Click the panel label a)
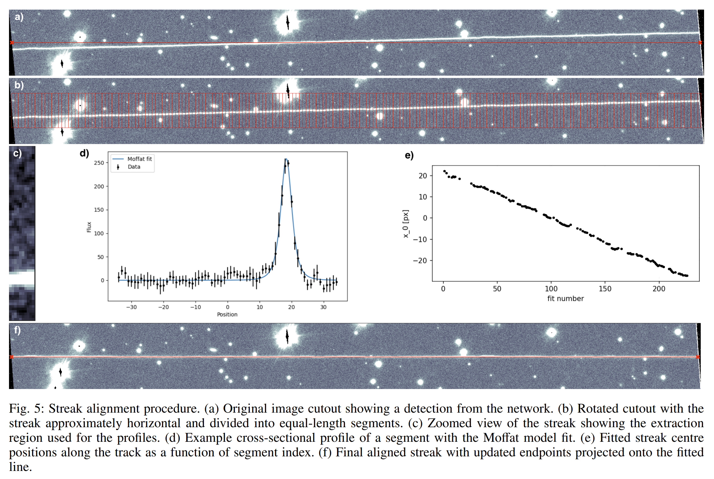point(19,17)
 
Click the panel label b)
point(19,85)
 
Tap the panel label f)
point(17,330)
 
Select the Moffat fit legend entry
point(132,159)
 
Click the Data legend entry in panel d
point(129,167)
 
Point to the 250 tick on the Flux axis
point(99,163)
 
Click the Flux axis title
point(89,227)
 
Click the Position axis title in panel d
point(227,314)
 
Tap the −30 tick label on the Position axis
point(131,307)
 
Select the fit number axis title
point(565,298)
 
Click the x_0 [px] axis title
point(406,224)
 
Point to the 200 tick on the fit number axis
point(659,289)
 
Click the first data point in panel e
point(444,171)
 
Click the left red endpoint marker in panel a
point(12,43)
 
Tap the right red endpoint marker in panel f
point(698,357)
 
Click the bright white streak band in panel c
point(22,278)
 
